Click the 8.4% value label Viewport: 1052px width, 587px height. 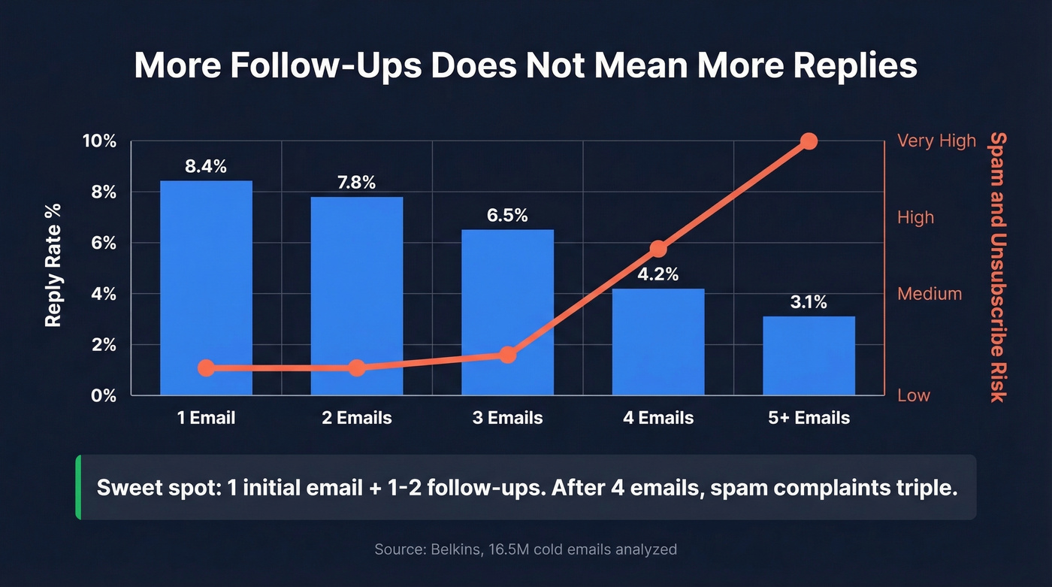(206, 167)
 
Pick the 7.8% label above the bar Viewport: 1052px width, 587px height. (356, 183)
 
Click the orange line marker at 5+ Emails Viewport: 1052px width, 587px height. (809, 141)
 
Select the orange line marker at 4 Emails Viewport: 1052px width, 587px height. (658, 249)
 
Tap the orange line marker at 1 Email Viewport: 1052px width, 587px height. (206, 368)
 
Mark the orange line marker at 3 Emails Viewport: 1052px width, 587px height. (507, 355)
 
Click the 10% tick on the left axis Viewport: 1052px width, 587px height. (99, 141)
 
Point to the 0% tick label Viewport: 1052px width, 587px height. (104, 395)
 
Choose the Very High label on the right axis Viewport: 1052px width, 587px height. (936, 141)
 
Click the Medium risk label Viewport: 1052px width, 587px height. (930, 294)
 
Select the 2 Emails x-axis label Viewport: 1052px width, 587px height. (356, 418)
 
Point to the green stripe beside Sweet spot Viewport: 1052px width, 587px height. (78, 487)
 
